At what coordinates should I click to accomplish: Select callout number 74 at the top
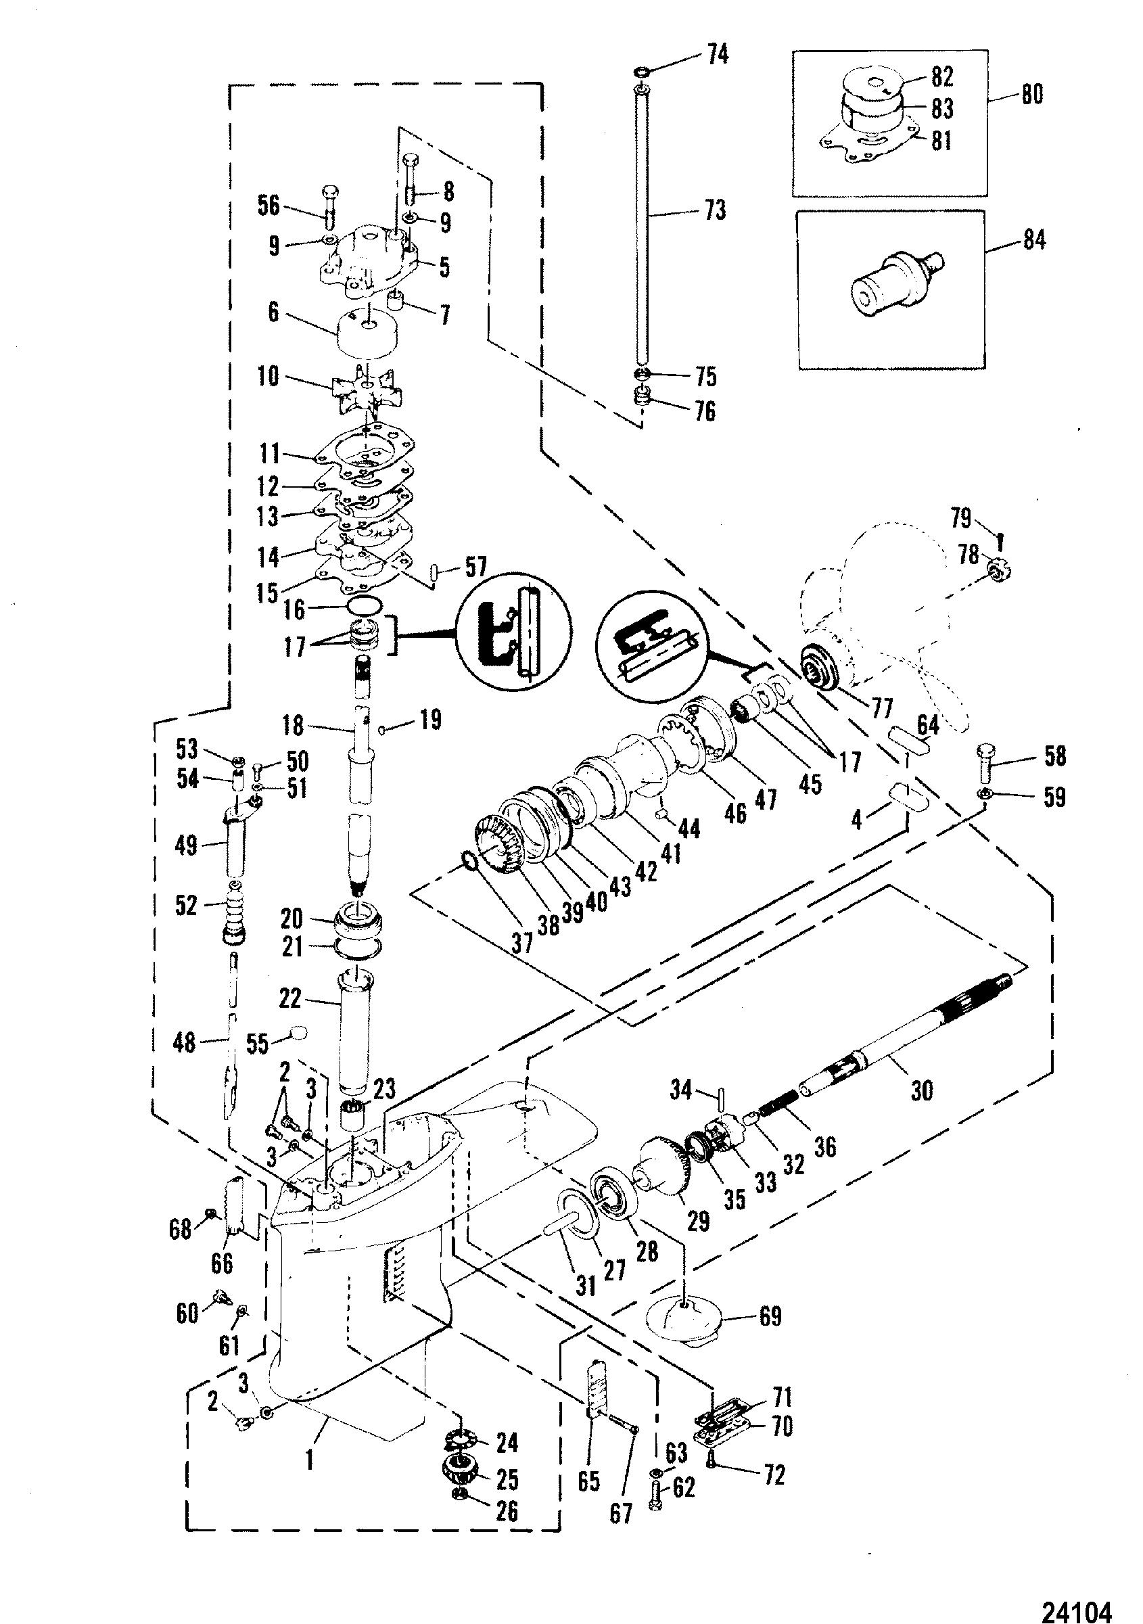(717, 55)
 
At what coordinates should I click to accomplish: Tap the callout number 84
(1034, 241)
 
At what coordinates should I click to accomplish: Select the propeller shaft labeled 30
(913, 1043)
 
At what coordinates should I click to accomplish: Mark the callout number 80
(1033, 94)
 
